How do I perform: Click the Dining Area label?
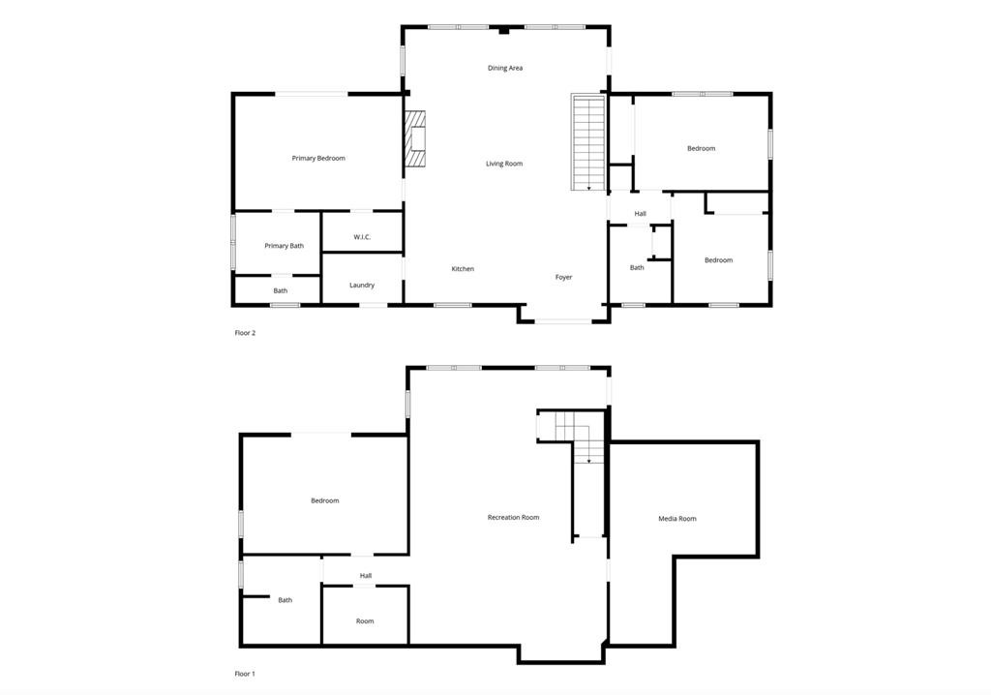(x=504, y=69)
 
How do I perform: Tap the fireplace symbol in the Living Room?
(x=415, y=138)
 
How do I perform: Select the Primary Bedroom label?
(x=318, y=159)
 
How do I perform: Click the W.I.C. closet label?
(x=362, y=237)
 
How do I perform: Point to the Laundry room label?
(x=362, y=286)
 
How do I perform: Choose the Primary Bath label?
(x=284, y=246)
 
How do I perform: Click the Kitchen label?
(x=463, y=269)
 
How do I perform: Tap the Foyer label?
(x=563, y=278)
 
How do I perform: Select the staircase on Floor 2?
(x=587, y=141)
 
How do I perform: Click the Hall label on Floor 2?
(x=640, y=214)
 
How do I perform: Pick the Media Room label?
(x=677, y=519)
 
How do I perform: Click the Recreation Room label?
(x=513, y=518)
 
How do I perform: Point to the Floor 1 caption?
(x=245, y=674)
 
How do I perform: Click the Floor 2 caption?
(x=245, y=333)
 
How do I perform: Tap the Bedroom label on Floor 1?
(x=325, y=501)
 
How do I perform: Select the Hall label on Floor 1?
(x=366, y=576)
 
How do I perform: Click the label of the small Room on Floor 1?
(x=365, y=621)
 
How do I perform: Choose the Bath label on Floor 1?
(x=285, y=600)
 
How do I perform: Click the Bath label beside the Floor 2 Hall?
(x=637, y=268)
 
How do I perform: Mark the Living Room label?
(x=504, y=165)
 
